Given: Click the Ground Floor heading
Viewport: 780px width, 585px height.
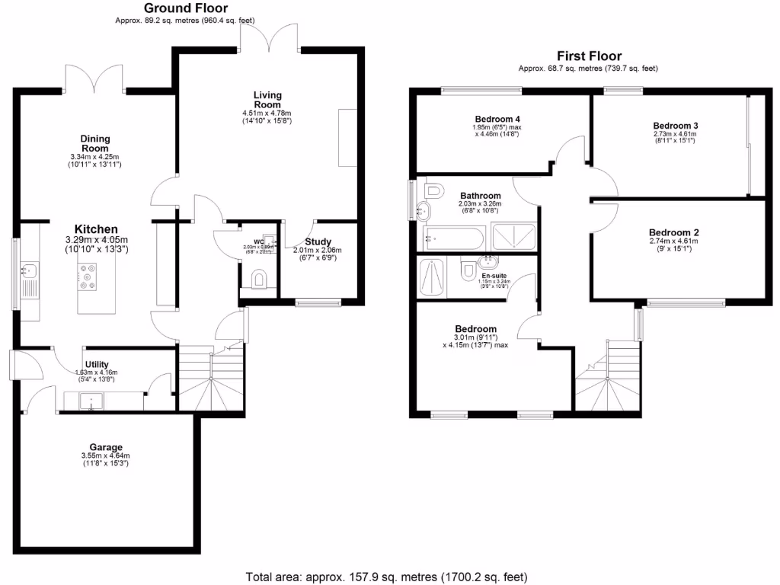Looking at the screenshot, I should click(186, 8).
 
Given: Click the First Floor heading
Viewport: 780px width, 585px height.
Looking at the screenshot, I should click(589, 56).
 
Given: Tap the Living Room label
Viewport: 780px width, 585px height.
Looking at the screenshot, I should click(267, 100).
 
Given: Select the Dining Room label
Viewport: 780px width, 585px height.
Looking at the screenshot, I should click(95, 143).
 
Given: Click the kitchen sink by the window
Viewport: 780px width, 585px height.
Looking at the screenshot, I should click(30, 270).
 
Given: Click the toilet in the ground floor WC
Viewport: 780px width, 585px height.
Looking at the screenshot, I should click(259, 280).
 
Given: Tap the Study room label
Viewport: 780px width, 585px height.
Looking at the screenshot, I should click(317, 242).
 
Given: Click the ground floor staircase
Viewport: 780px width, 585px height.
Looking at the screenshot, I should click(211, 381).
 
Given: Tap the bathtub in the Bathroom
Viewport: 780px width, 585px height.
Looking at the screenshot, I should click(452, 238).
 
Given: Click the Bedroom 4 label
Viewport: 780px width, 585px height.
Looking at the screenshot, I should click(497, 120).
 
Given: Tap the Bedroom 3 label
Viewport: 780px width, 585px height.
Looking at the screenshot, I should click(676, 126).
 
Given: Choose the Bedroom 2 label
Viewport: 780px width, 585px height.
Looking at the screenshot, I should click(673, 233).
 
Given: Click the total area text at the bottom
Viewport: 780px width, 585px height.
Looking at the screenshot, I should click(386, 577).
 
